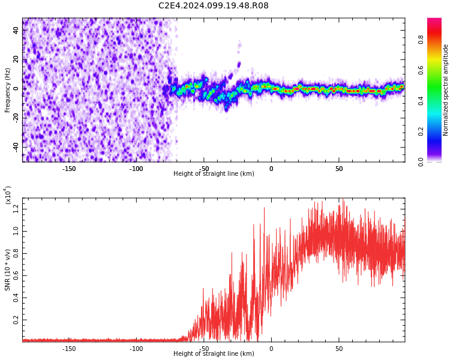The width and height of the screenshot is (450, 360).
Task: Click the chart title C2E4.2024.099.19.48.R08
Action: (x=214, y=6)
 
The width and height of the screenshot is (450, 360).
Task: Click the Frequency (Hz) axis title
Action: (x=8, y=90)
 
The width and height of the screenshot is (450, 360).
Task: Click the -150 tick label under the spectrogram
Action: (x=68, y=169)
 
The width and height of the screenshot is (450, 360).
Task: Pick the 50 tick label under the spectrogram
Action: (x=338, y=169)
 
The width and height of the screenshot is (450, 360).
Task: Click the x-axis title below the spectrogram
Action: (x=214, y=174)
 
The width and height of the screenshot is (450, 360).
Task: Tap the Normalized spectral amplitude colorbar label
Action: (x=446, y=90)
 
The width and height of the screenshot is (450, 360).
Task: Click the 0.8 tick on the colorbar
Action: (x=421, y=40)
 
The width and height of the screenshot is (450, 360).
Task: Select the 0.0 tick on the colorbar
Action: (x=421, y=161)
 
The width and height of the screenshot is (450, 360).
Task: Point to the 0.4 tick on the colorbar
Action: (x=421, y=101)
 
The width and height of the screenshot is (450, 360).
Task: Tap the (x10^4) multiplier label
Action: (x=8, y=195)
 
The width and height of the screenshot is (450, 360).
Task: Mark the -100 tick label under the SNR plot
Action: (x=136, y=349)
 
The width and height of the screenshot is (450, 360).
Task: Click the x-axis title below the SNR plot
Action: (x=214, y=354)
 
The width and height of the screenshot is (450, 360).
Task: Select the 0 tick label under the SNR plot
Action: (x=271, y=349)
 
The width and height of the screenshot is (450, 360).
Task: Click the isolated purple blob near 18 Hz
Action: (x=238, y=64)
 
